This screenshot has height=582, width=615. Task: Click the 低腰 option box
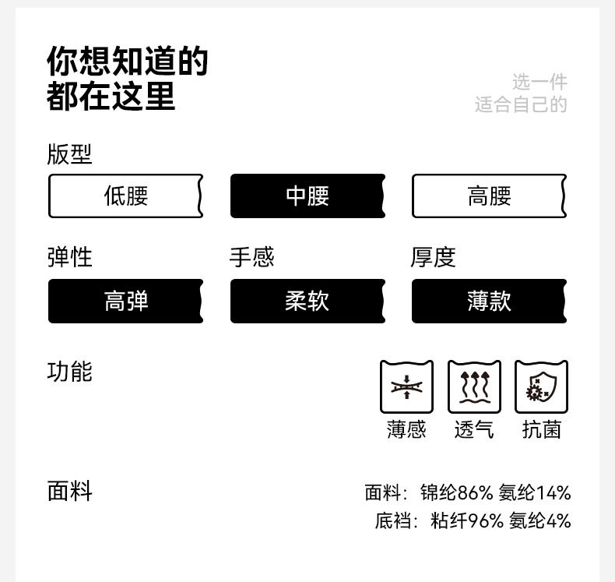point(125,196)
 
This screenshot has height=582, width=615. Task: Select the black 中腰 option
point(307,196)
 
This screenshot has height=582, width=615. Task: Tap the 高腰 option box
point(489,196)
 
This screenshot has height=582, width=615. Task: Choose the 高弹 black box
point(125,301)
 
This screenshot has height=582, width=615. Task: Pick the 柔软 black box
point(307,301)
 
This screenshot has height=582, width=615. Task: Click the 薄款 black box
point(489,301)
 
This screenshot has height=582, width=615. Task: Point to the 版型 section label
point(69,154)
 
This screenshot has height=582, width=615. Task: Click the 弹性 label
point(69,257)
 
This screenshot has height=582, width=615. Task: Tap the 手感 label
point(251,257)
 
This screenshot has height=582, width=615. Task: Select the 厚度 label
point(433,257)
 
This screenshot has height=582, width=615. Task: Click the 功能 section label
point(69,372)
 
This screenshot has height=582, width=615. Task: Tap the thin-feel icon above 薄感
point(406,386)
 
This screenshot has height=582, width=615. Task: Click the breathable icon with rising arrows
point(474,386)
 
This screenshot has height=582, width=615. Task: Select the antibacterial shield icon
point(541,386)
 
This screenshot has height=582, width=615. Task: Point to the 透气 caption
point(474,429)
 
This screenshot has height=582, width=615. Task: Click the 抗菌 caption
point(541,429)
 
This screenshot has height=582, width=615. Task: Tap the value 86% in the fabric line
point(475,493)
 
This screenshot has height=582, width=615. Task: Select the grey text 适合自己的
point(521,104)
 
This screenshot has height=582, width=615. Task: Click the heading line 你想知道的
point(128,61)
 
